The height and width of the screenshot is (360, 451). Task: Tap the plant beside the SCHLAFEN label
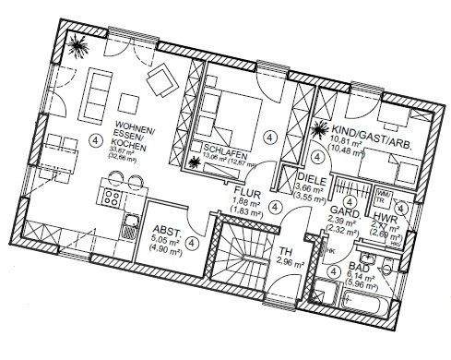pos(195,163)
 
